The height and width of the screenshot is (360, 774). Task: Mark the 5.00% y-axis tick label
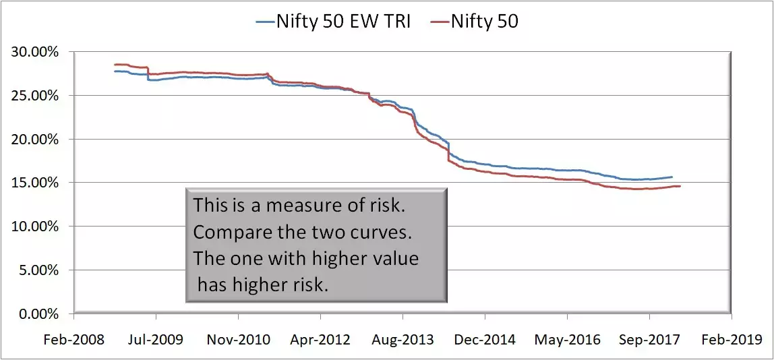[41, 270]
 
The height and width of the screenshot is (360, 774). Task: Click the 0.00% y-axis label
[41, 314]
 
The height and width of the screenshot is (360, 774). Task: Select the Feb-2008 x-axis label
[74, 339]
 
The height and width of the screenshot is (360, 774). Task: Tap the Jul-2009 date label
[156, 339]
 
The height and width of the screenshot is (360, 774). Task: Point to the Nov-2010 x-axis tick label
[238, 339]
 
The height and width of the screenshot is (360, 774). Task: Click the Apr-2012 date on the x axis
[320, 339]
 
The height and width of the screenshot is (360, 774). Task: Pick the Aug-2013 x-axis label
[403, 339]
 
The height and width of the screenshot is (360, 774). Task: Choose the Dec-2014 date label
[485, 339]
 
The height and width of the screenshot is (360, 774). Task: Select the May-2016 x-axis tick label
[568, 339]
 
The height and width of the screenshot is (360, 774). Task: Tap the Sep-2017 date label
[649, 339]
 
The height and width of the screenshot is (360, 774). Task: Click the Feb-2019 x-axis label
[731, 339]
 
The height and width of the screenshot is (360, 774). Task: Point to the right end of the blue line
[672, 177]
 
